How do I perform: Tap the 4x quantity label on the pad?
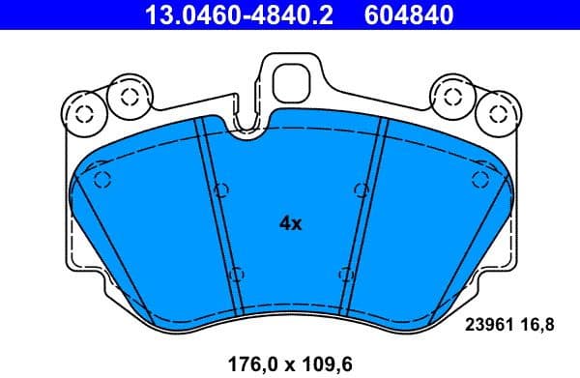[x=290, y=223]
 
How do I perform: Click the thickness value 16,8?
[x=537, y=327]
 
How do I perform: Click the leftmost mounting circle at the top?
[x=84, y=114]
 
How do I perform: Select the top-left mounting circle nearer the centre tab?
[x=127, y=95]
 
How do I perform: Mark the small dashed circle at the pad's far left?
[x=101, y=178]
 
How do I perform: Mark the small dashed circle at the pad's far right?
[x=478, y=178]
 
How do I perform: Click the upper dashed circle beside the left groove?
[x=220, y=189]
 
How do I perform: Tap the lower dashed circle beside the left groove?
[x=239, y=274]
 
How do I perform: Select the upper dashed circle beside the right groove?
[x=360, y=189]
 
